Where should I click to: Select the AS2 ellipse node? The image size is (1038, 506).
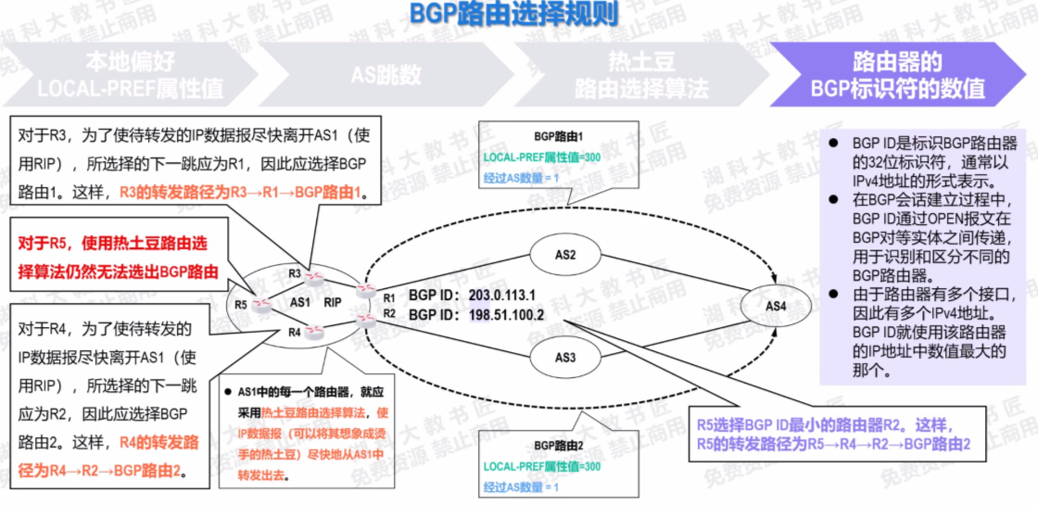564,254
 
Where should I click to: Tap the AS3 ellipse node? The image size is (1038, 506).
564,356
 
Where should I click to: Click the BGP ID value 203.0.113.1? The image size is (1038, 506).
502,296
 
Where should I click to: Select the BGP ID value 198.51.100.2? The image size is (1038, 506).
506,315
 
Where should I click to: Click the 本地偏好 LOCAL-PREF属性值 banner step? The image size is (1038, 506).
130,75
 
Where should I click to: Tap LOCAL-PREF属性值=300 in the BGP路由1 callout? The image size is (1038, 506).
542,157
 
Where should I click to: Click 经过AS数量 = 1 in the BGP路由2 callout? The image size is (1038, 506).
522,486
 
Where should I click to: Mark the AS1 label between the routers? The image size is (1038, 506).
299,302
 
